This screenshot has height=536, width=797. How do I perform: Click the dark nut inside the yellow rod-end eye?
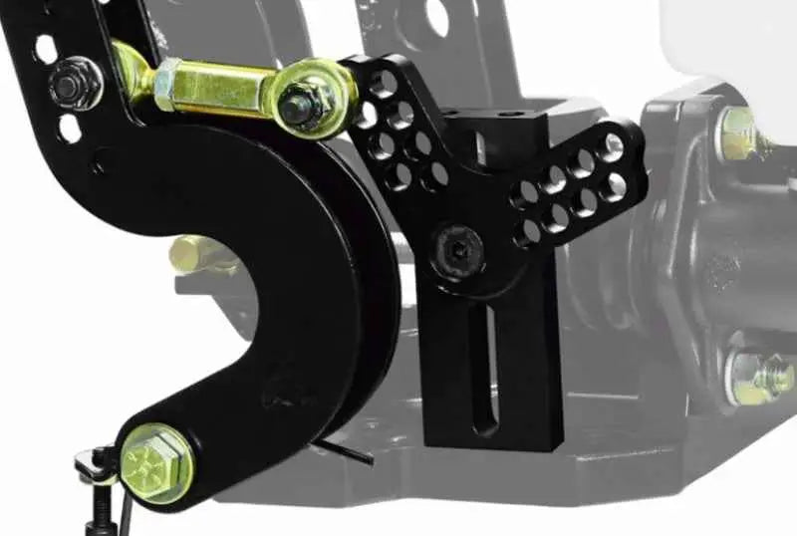(298, 103)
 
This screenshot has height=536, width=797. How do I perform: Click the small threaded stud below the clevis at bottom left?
(103, 514)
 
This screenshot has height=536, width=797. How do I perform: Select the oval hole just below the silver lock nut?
(69, 128)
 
